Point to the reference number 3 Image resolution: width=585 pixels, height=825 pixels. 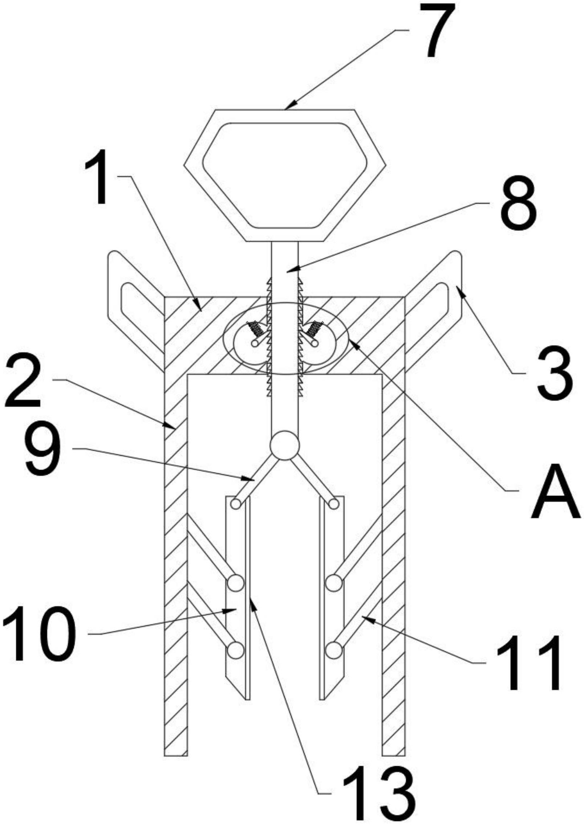coord(555,375)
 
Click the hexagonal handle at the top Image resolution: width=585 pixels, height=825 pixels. coord(285,176)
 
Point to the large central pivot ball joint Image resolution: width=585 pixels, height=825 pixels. coord(285,445)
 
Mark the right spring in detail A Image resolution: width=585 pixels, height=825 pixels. coord(313,329)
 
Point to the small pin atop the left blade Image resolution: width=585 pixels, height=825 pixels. coord(236,504)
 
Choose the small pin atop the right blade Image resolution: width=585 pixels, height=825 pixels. coord(334,504)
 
